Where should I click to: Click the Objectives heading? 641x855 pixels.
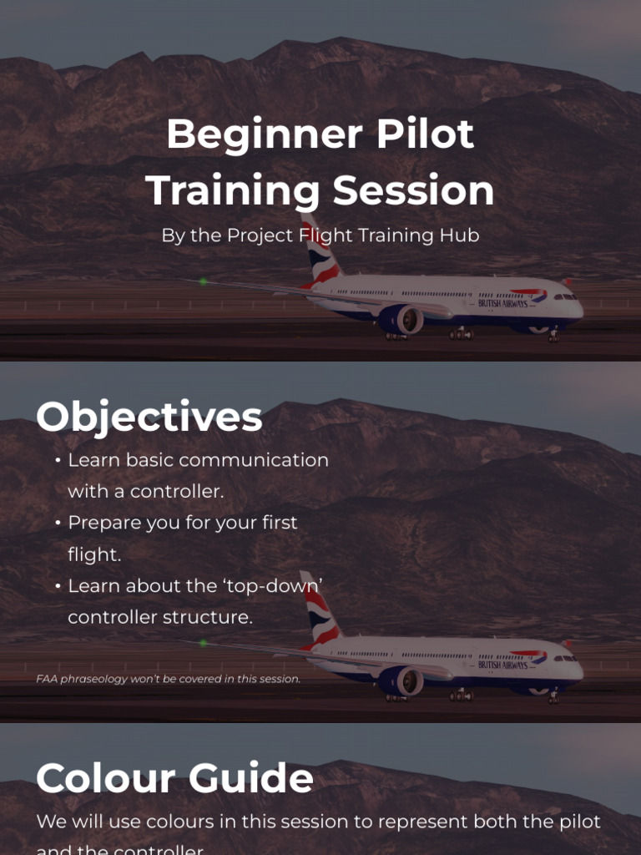click(149, 417)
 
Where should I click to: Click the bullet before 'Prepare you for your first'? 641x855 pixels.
click(58, 524)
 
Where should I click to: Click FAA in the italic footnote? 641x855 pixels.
click(46, 679)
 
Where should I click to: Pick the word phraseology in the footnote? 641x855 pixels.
click(93, 679)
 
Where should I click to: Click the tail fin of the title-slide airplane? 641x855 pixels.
click(320, 250)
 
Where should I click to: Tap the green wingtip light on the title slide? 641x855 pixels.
click(203, 281)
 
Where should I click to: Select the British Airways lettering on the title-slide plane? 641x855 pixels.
click(502, 303)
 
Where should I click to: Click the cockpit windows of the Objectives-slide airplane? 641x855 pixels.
click(565, 657)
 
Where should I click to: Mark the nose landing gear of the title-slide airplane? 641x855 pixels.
click(553, 336)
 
